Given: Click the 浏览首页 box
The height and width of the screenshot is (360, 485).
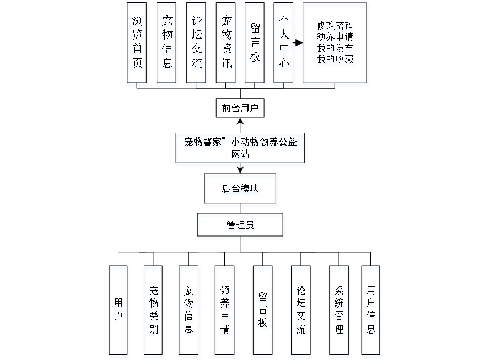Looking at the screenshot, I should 138,45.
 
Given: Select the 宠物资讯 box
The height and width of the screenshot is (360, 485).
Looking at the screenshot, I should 227,45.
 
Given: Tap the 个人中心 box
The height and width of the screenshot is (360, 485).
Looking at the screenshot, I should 284,45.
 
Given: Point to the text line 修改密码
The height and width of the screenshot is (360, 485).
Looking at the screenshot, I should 335,27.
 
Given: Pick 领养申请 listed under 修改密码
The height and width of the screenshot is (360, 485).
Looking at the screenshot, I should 335,38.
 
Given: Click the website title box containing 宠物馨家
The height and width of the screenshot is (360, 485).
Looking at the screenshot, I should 241,149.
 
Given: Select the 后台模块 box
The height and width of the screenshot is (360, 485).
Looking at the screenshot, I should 241,191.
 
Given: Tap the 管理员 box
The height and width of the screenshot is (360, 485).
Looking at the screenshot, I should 241,227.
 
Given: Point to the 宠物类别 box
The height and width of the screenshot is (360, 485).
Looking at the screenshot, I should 154,311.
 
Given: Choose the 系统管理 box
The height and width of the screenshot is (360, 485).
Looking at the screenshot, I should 339,311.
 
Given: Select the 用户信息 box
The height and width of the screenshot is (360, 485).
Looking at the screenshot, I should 372,311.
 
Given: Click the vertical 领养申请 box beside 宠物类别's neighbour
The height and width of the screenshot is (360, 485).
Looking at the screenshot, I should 225,311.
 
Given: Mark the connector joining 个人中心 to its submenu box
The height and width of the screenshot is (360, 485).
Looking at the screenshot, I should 299,42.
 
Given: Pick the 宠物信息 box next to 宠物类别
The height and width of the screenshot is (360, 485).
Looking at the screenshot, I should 189,311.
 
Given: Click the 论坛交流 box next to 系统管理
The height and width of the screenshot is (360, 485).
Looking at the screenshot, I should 301,311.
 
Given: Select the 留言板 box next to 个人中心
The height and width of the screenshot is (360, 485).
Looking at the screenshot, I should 256,45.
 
